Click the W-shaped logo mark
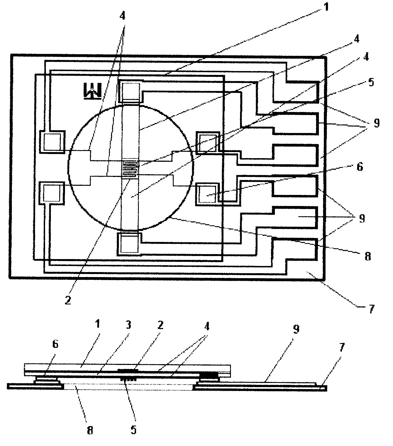(x=92, y=90)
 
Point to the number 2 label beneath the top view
(x=68, y=301)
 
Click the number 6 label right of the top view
(x=360, y=167)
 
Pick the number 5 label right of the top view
(x=371, y=82)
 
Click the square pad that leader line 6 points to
(x=207, y=195)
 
